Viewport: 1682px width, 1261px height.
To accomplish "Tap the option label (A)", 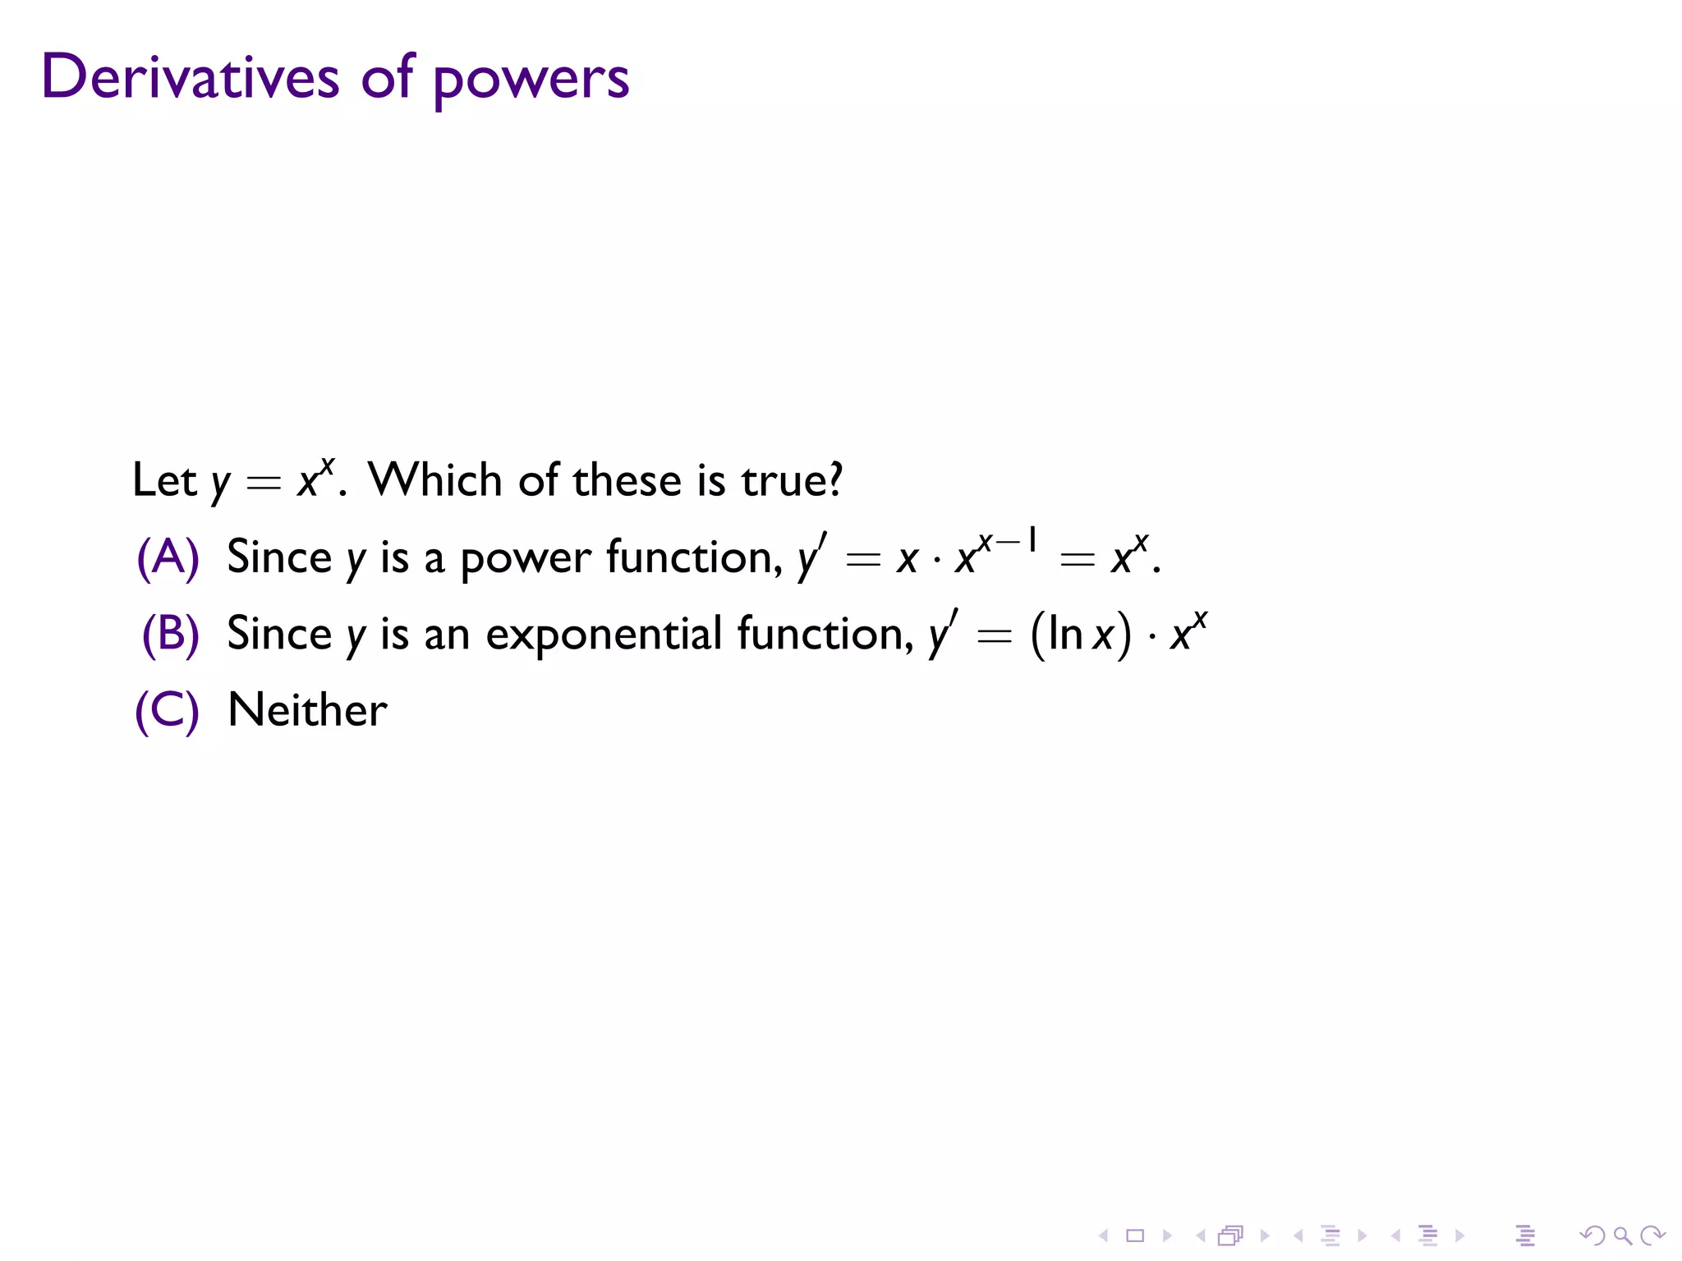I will point(168,557).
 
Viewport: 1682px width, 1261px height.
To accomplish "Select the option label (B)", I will point(171,634).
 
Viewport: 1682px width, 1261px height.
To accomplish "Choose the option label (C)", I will point(168,710).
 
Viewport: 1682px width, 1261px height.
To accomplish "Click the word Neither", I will point(307,710).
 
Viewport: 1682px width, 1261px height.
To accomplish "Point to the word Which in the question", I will point(434,479).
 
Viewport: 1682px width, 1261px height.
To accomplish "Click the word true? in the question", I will point(792,479).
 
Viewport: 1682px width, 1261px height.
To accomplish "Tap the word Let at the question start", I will point(164,479).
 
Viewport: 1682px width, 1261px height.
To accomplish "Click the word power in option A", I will point(525,559).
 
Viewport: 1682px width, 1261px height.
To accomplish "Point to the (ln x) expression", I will point(1080,635).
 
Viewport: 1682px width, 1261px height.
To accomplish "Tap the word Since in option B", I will point(278,634).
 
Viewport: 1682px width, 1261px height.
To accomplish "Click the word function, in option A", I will point(694,557).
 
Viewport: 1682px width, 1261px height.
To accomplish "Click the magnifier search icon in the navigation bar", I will point(1622,1235).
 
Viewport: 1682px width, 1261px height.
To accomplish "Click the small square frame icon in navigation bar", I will point(1135,1235).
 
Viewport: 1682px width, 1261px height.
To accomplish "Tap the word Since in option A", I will point(278,557).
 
